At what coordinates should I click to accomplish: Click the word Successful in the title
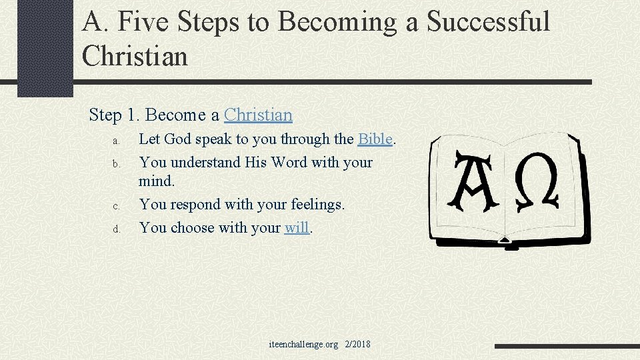(488, 21)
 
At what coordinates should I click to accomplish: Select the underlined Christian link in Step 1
(258, 115)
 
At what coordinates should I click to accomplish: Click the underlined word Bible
(375, 139)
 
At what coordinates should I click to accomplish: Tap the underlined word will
(297, 228)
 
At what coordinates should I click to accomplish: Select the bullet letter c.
(115, 206)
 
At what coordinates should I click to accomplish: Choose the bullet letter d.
(115, 229)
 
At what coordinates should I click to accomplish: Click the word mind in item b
(155, 181)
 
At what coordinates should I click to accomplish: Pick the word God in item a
(177, 139)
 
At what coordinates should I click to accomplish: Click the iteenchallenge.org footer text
(303, 345)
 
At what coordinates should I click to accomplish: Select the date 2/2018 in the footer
(357, 345)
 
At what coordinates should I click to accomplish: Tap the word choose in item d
(192, 228)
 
